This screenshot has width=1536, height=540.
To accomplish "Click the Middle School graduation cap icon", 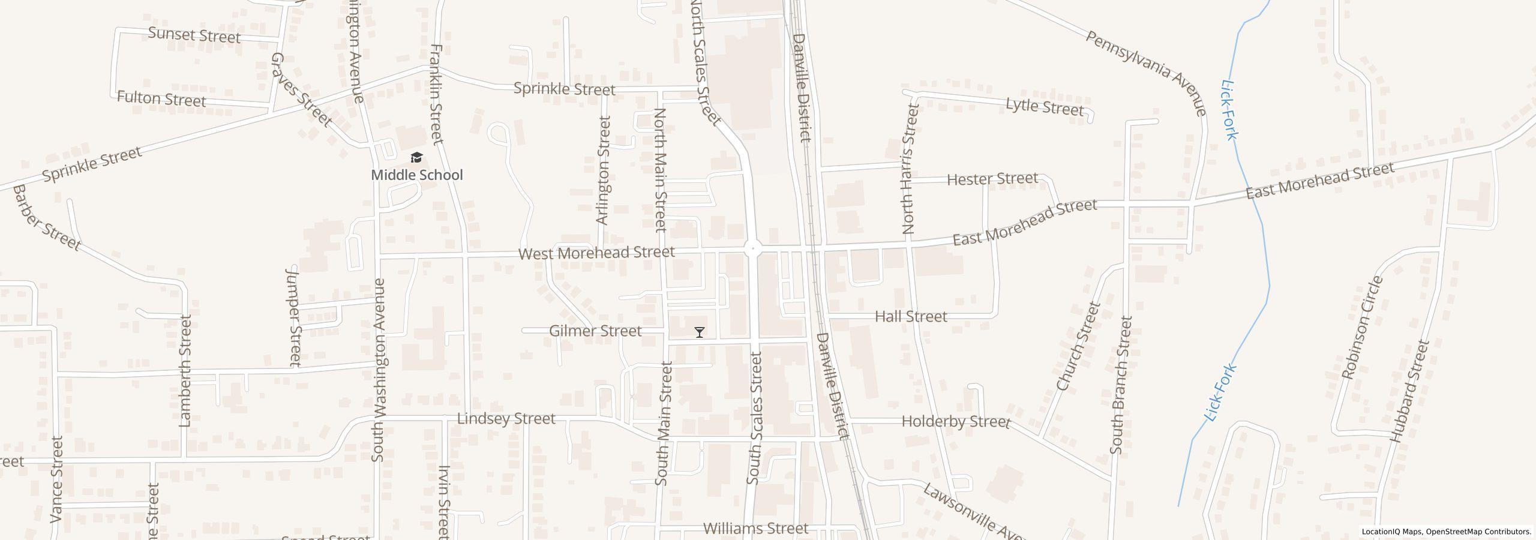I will click(x=416, y=158).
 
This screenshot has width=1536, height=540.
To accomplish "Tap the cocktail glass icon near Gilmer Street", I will click(x=699, y=332).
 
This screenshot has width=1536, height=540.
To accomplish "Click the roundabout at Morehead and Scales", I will click(x=753, y=248).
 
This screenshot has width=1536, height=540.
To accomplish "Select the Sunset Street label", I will click(x=194, y=35).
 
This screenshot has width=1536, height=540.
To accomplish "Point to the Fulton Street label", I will click(x=161, y=98).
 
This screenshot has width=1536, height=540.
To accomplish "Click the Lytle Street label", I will click(x=1045, y=107).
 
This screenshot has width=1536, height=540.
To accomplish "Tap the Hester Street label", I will click(x=992, y=179).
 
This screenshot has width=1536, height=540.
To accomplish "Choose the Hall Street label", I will click(x=910, y=316).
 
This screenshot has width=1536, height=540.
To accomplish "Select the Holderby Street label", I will click(x=956, y=422).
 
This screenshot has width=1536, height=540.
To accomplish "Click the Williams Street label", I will click(x=755, y=529).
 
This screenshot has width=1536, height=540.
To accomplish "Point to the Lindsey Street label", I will click(x=506, y=419).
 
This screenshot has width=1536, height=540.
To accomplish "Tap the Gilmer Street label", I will click(x=595, y=331).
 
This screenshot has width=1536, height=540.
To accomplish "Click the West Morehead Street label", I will click(x=596, y=253).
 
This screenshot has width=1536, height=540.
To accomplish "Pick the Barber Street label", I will click(x=46, y=218).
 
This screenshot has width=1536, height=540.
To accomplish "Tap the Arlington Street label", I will click(x=603, y=170).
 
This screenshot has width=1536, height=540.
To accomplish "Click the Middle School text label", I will click(x=417, y=175).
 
